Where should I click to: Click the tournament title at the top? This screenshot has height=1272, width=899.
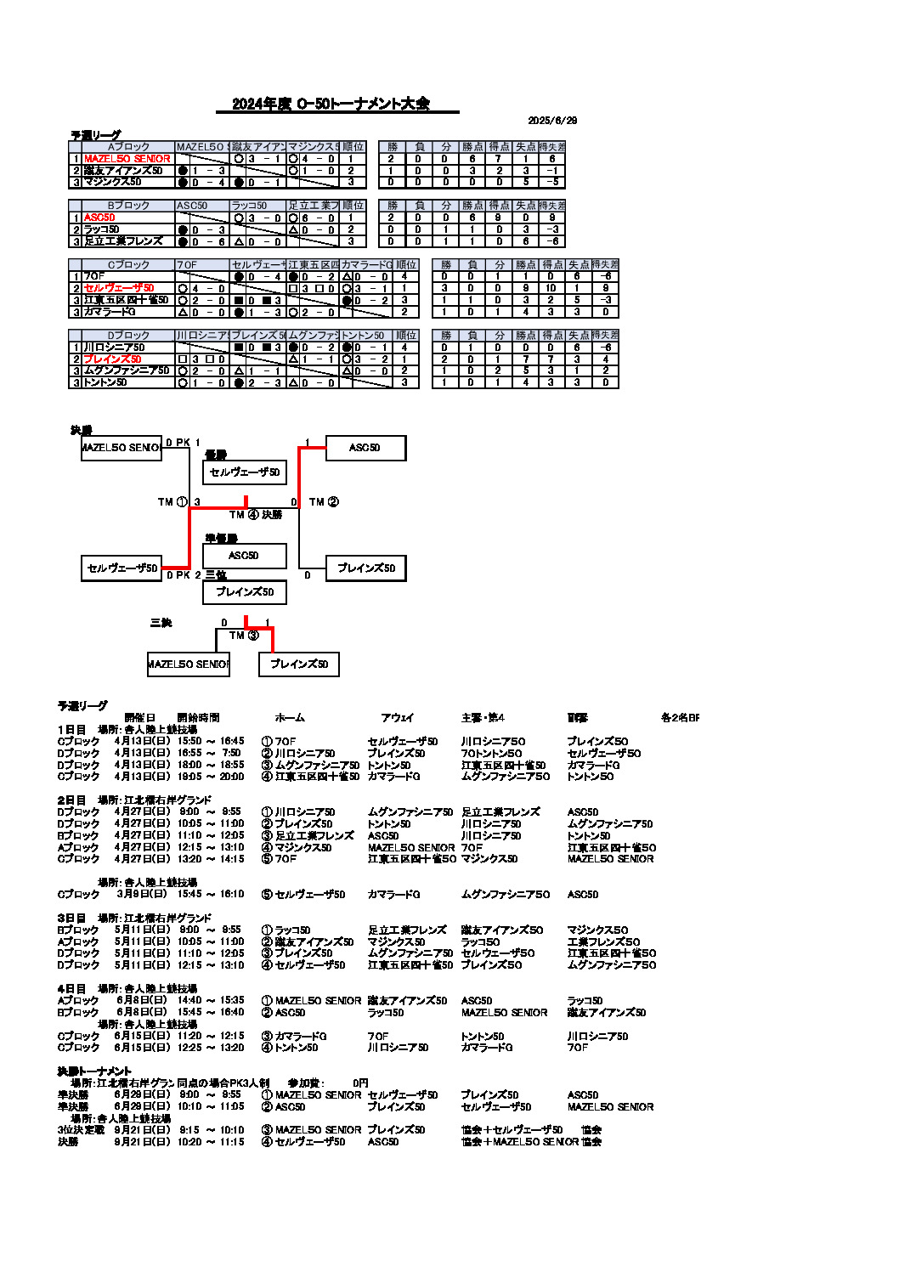point(331,104)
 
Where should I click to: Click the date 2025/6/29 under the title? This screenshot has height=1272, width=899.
point(552,121)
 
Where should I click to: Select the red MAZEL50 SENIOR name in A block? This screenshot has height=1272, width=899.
point(127,159)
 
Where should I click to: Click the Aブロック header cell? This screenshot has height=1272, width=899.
point(128,147)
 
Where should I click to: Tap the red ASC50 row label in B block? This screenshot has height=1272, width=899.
point(99,218)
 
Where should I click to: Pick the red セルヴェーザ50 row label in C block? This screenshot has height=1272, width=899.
point(119,288)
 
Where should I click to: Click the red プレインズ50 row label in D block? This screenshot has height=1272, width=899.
point(112,359)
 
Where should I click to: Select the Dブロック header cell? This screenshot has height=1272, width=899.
point(128,336)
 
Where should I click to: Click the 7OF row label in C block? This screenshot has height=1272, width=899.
point(94,276)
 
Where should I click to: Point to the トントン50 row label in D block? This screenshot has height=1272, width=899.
point(105,382)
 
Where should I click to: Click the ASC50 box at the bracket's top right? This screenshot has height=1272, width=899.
point(365,448)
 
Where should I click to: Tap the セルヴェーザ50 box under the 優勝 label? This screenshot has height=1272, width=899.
point(245,472)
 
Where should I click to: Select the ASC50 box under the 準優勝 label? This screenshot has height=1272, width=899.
point(244,556)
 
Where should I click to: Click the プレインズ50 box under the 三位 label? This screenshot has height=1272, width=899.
point(245,592)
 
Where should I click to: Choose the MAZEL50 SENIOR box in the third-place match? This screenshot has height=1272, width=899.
point(188,664)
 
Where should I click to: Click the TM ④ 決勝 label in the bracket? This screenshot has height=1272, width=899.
point(256,515)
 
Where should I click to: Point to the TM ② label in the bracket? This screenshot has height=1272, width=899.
point(324,502)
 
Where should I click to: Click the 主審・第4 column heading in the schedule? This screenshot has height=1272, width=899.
point(483,718)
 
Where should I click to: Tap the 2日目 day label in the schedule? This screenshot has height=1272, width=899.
point(71,800)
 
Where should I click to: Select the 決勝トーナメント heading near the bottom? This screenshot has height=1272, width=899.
point(94,1071)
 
